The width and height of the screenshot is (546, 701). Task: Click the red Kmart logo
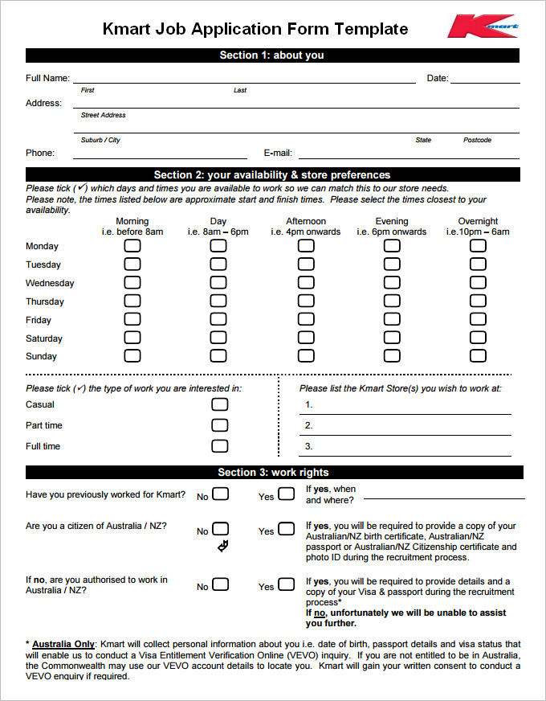(483, 27)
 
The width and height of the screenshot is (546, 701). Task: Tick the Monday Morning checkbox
(132, 245)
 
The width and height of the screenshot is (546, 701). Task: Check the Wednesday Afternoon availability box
(306, 282)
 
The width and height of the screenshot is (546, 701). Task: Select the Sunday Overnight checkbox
(478, 355)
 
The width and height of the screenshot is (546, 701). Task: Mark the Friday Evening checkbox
(392, 319)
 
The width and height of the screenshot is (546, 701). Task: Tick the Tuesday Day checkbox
(218, 264)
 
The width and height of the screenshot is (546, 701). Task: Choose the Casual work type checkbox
(219, 404)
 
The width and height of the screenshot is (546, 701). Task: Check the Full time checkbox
(219, 446)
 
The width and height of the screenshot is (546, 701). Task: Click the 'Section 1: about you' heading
(272, 55)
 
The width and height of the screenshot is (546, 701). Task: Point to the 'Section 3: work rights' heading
(273, 472)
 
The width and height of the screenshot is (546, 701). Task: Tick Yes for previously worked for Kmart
(286, 494)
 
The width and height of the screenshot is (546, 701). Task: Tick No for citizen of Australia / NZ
(220, 529)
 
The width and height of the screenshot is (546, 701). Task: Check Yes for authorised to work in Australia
(286, 585)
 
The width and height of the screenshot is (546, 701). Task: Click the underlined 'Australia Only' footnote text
(63, 644)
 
